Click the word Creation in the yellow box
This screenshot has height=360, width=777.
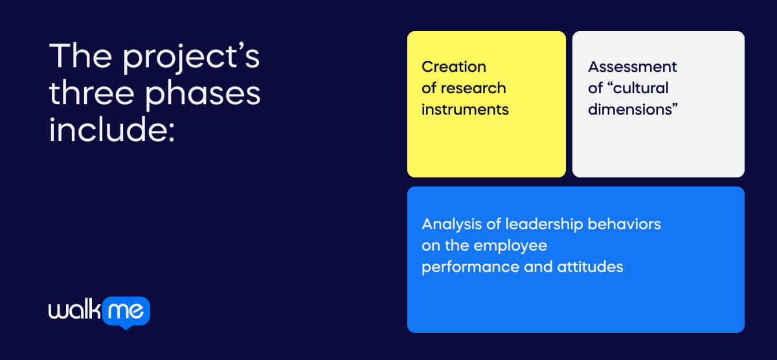(454, 67)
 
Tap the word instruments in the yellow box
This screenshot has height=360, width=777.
(465, 109)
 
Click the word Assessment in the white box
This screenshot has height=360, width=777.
(633, 67)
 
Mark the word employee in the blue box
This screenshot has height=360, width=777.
(510, 246)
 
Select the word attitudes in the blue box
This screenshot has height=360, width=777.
(591, 267)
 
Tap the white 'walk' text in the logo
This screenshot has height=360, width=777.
(74, 311)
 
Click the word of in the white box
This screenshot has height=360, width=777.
(595, 88)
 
